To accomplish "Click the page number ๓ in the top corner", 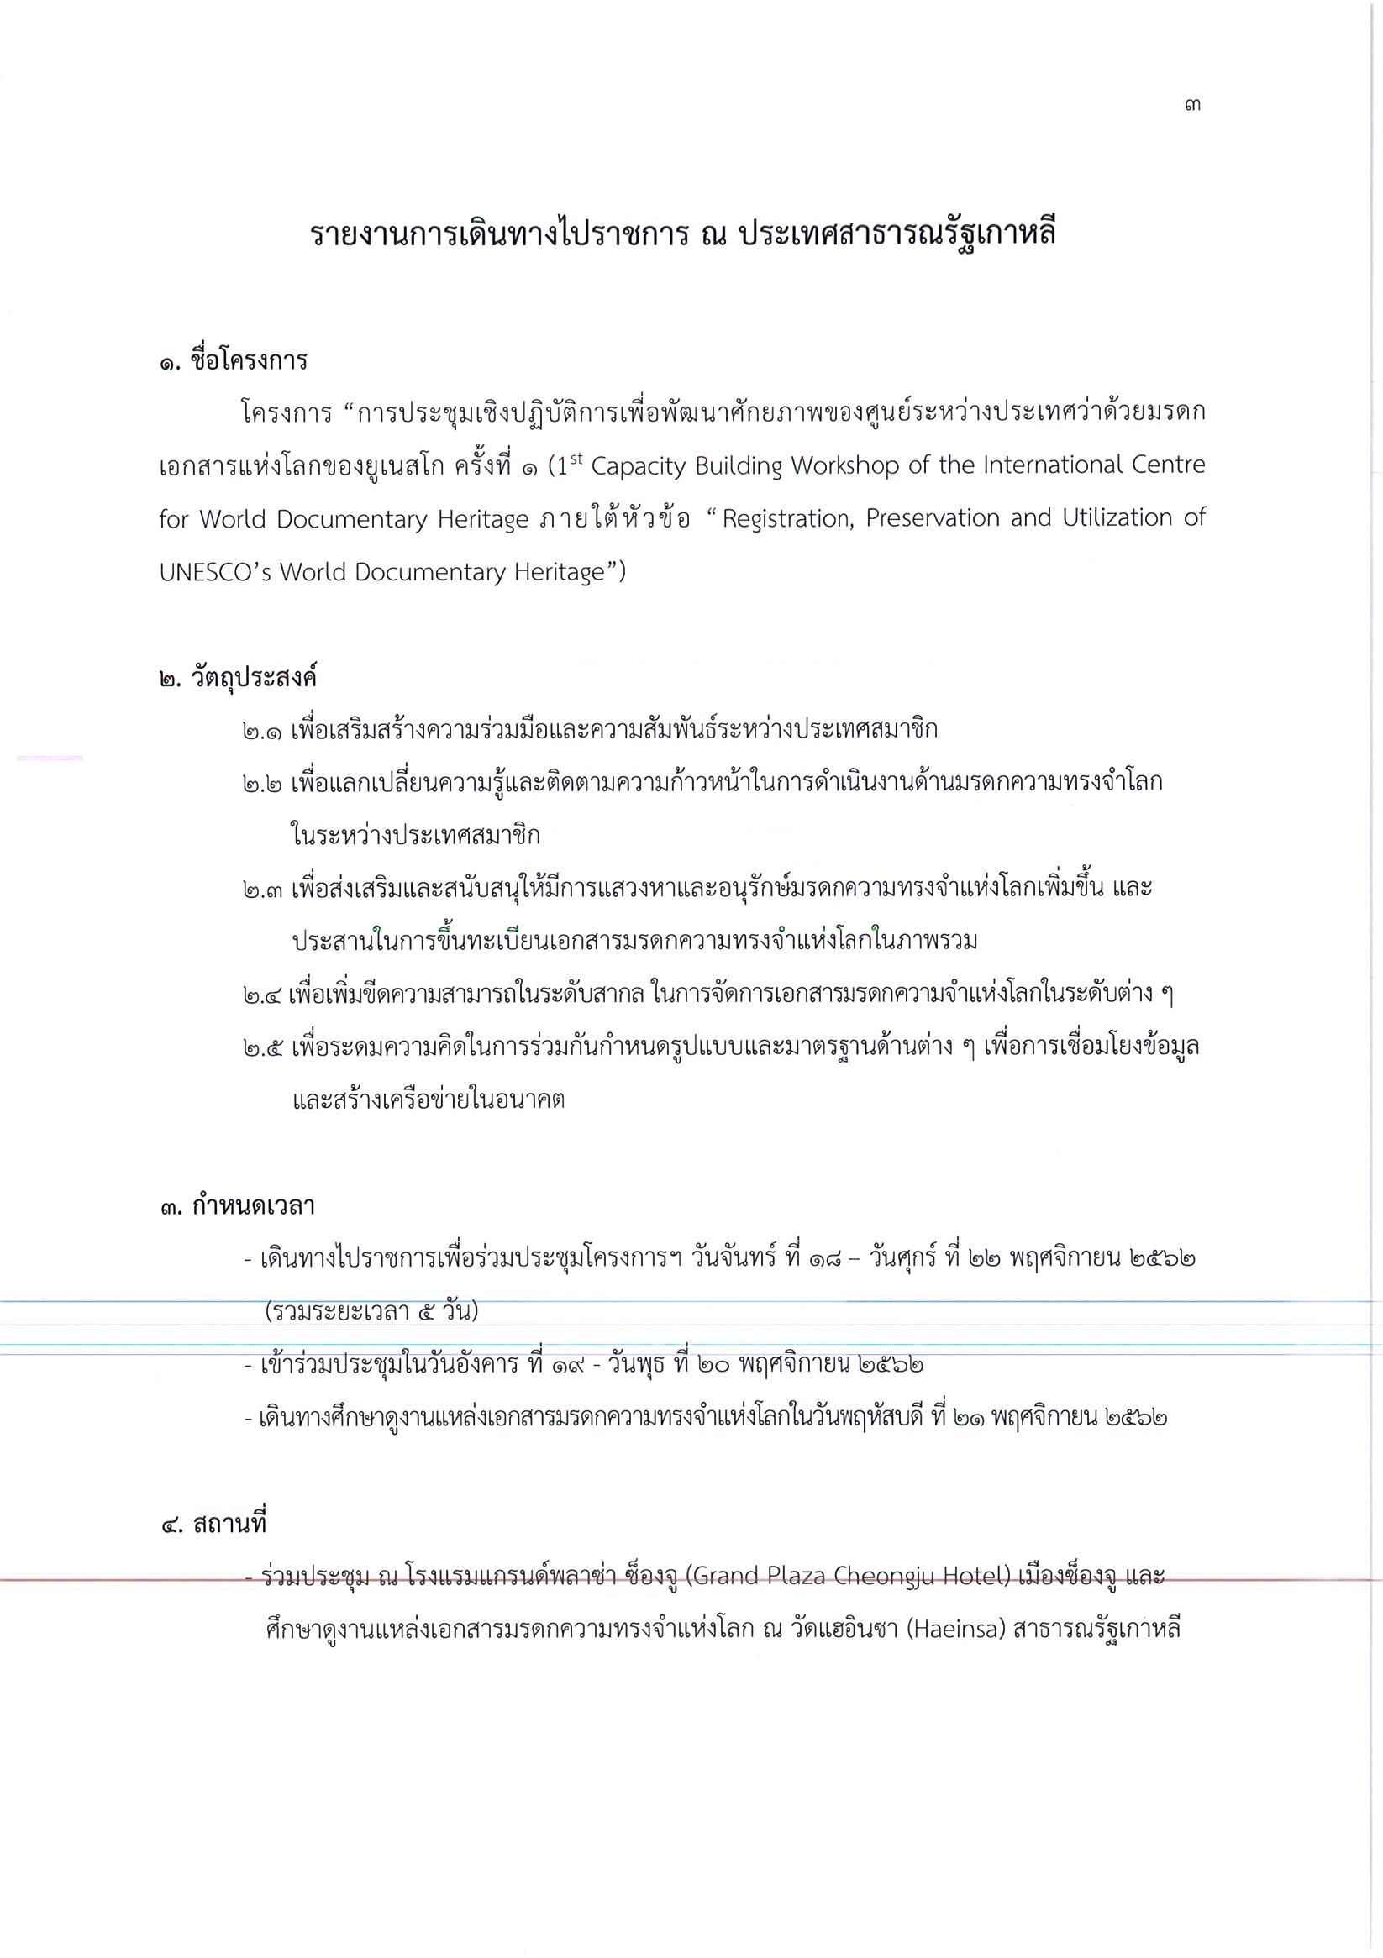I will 1193,106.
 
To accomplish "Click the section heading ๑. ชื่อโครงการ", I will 233,360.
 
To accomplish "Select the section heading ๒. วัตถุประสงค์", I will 238,678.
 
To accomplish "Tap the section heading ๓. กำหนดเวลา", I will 237,1206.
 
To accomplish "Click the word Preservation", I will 932,518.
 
